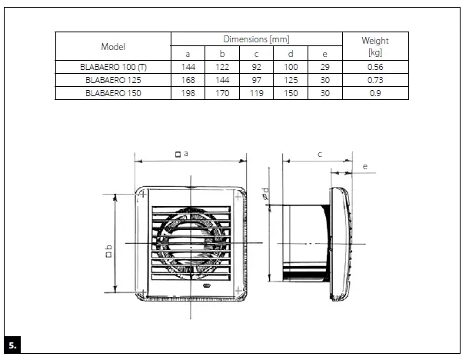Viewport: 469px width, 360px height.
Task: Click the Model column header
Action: (113, 47)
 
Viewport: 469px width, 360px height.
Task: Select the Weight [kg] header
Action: (374, 47)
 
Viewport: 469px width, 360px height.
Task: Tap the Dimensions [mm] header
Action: (256, 38)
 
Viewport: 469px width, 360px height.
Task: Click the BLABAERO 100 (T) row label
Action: (113, 67)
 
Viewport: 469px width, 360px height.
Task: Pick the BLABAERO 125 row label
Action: (113, 80)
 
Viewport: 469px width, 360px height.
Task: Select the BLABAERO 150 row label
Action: (113, 93)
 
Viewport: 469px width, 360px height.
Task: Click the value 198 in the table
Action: (188, 93)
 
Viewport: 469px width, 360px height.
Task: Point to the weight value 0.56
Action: (374, 67)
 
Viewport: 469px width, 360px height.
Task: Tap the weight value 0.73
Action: (374, 80)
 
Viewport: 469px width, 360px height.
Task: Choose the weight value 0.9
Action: (374, 93)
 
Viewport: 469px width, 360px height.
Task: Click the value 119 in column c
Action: (256, 93)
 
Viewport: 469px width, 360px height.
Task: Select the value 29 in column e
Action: (324, 67)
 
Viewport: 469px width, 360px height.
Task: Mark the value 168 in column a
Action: (188, 80)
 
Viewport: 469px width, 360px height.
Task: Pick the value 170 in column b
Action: (221, 93)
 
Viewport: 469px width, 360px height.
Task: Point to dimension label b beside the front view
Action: (108, 251)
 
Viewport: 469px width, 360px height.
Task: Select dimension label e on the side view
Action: (364, 166)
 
